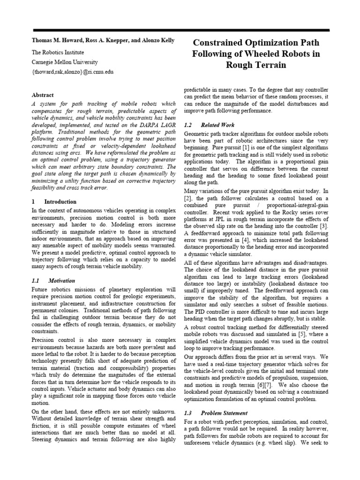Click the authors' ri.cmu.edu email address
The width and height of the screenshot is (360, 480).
tap(72, 72)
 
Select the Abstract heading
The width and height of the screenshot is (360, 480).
tap(43, 95)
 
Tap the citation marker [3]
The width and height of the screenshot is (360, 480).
tap(324, 226)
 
